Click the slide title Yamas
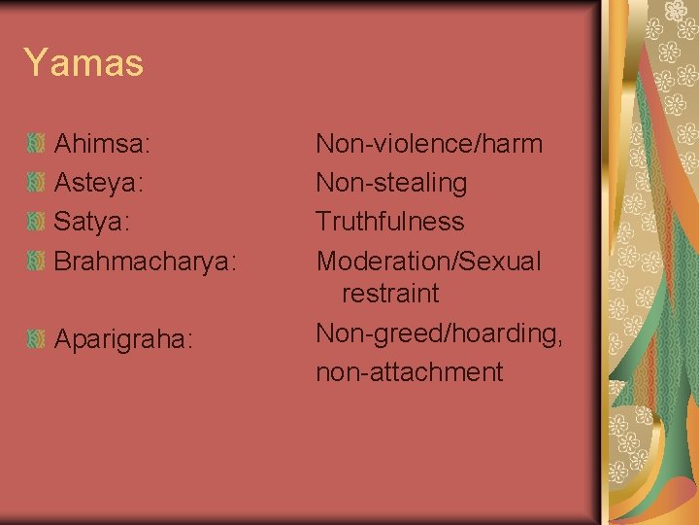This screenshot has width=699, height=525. (x=83, y=64)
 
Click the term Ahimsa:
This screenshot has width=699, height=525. (x=102, y=145)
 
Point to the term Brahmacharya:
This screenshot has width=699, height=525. (x=145, y=262)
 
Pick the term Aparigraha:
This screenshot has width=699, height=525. (x=124, y=340)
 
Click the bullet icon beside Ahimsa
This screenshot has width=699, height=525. (x=36, y=145)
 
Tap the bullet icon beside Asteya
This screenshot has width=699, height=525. (x=36, y=183)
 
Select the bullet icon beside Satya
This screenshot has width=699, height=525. (x=36, y=222)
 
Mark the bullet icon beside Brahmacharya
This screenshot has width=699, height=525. (x=36, y=261)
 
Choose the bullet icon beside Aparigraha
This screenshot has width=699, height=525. (x=36, y=339)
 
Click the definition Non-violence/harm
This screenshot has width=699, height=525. (x=429, y=145)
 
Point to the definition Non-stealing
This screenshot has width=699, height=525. (x=391, y=183)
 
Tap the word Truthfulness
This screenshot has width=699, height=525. (x=390, y=222)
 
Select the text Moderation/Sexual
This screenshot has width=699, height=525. (x=429, y=262)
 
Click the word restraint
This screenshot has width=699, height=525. (x=390, y=293)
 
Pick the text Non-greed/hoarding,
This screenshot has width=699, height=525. (x=439, y=333)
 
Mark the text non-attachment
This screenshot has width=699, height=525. (x=409, y=371)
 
